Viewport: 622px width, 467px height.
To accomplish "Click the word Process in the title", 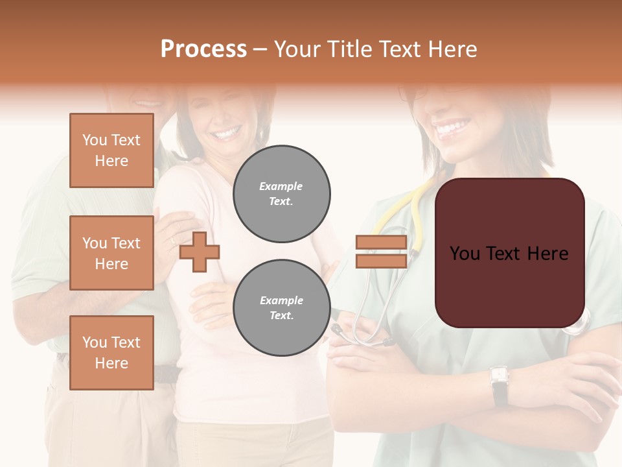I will (203, 49).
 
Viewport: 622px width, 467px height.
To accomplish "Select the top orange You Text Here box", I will (111, 150).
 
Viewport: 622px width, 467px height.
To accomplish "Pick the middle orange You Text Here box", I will (111, 253).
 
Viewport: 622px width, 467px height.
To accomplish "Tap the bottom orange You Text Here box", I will (111, 352).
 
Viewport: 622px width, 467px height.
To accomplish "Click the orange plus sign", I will (200, 252).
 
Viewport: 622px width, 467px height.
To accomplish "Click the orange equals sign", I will (381, 252).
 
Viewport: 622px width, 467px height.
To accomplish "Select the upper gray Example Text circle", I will (282, 193).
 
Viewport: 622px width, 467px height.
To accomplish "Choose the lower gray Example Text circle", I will (282, 308).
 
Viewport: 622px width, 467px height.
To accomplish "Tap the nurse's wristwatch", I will (499, 376).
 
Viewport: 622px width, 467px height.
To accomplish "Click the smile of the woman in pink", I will (226, 134).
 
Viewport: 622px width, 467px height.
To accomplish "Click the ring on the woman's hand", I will (172, 241).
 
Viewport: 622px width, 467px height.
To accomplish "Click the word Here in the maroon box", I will (547, 253).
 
